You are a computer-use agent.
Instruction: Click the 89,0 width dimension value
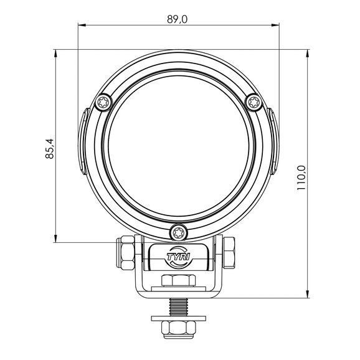pyautogui.click(x=178, y=19)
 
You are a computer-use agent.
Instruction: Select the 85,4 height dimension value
pyautogui.click(x=50, y=149)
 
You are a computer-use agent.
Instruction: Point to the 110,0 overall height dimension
pyautogui.click(x=301, y=178)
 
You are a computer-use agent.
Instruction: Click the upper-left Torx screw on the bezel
pyautogui.click(x=103, y=102)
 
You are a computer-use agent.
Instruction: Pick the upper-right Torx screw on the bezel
pyautogui.click(x=254, y=102)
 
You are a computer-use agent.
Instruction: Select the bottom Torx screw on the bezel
pyautogui.click(x=179, y=232)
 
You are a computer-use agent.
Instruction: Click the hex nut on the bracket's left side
pyautogui.click(x=125, y=252)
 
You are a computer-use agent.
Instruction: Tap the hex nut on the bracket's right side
pyautogui.click(x=229, y=252)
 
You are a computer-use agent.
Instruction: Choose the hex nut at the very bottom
pyautogui.click(x=179, y=329)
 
